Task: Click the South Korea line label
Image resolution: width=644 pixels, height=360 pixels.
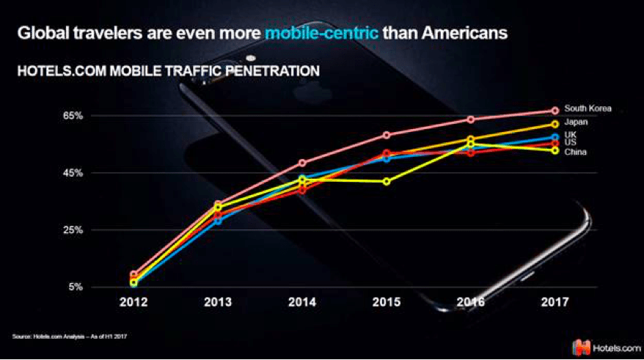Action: [x=588, y=109]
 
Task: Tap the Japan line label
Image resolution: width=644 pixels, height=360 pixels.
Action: [x=576, y=122]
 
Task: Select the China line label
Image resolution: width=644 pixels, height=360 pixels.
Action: [x=575, y=152]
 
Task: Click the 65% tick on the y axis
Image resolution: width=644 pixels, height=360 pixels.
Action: [x=73, y=116]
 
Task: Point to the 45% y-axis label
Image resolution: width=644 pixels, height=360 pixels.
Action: [x=73, y=173]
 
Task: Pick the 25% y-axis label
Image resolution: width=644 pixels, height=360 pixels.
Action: [x=73, y=230]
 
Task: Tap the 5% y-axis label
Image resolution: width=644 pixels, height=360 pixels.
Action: [x=76, y=287]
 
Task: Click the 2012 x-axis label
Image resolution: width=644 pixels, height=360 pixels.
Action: [x=133, y=302]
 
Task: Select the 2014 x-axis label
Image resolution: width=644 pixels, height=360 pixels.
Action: [x=302, y=302]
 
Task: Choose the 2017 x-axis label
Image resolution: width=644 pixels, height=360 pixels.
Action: [x=555, y=302]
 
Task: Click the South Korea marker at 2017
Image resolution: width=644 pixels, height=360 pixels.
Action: [x=555, y=111]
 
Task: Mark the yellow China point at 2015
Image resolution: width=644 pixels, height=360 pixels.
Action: [x=387, y=181]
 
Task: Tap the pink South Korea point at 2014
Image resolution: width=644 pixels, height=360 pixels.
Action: [x=302, y=163]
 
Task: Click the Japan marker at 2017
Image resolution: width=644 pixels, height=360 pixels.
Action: [x=555, y=124]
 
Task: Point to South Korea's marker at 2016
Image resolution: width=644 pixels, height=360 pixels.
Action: [x=471, y=120]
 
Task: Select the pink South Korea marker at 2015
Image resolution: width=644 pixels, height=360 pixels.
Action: [x=387, y=135]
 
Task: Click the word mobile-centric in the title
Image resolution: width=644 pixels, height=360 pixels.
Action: [x=321, y=33]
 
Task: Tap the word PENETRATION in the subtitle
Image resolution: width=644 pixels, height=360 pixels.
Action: [x=273, y=71]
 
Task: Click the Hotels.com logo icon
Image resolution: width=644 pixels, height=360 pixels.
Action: [x=581, y=348]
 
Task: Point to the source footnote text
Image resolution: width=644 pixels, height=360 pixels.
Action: [x=70, y=337]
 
